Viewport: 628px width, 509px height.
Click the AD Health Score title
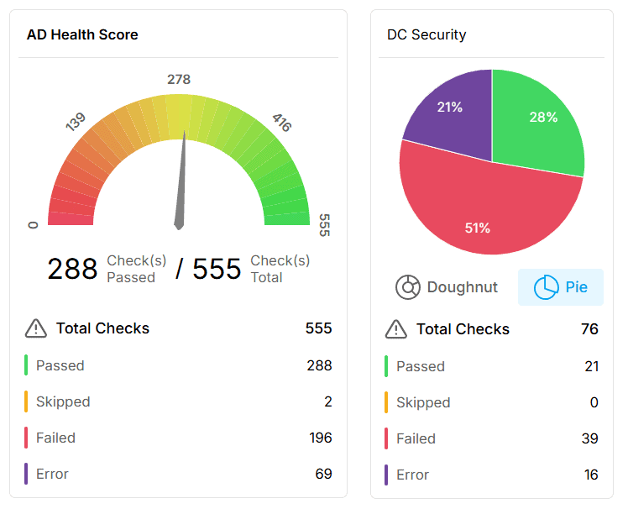82,34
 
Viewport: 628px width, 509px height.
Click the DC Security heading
427,34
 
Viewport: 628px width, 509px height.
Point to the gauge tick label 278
179,79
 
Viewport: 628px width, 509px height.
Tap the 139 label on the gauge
76,123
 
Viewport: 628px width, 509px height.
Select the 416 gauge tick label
281,123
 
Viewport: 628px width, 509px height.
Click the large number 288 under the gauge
72,269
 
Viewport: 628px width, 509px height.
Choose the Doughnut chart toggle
447,287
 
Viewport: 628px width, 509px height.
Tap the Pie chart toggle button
561,287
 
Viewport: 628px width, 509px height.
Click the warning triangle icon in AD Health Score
35,328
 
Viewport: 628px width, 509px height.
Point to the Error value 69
323,474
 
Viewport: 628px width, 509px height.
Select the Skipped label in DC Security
423,402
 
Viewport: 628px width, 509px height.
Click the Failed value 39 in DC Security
590,438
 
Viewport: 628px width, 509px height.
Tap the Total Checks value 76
589,329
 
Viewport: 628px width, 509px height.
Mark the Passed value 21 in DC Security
591,366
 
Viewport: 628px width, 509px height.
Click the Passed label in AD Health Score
60,365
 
